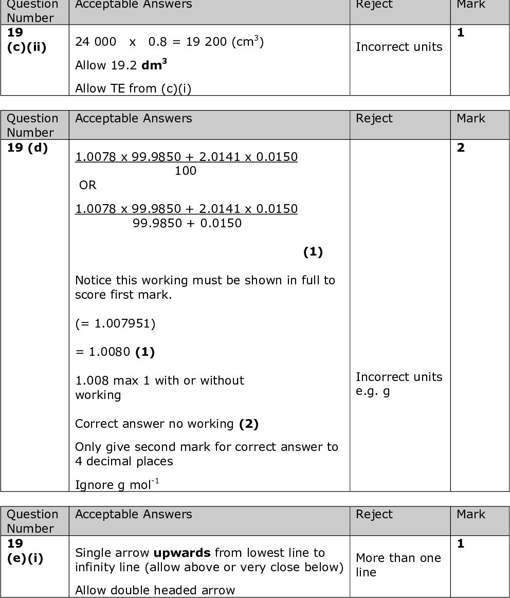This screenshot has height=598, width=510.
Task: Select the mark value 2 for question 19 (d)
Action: [x=461, y=148]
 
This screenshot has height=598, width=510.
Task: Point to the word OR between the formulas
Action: [x=88, y=185]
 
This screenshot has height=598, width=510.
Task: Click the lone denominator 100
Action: [x=186, y=171]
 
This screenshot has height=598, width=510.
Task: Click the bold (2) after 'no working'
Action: [x=249, y=424]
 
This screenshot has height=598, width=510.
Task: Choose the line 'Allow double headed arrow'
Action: [x=155, y=590]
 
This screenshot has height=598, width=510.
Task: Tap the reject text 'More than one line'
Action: [x=398, y=565]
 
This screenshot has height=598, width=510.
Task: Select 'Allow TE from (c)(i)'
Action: [x=133, y=88]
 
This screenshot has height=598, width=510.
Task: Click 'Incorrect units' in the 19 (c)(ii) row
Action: [x=399, y=47]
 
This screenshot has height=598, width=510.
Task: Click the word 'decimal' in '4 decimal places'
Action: [x=108, y=461]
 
